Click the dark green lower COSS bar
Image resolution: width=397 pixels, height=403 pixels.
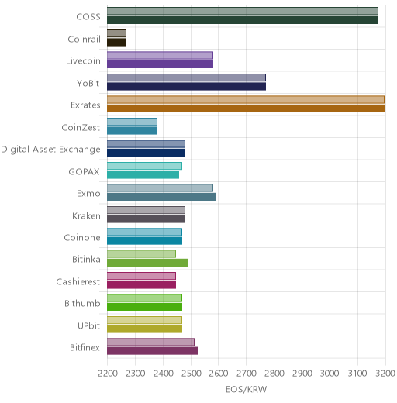click(x=243, y=20)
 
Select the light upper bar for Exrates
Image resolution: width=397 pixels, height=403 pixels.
click(x=246, y=100)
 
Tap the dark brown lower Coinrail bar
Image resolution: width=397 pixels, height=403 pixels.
click(x=117, y=43)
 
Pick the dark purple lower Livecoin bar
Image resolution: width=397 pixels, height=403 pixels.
click(x=161, y=64)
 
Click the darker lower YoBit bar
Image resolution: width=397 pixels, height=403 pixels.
click(x=187, y=87)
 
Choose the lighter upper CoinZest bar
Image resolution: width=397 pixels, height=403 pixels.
click(x=133, y=122)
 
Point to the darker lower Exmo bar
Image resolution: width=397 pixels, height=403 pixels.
click(x=162, y=197)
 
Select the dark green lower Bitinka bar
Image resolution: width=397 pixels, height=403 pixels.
click(x=148, y=263)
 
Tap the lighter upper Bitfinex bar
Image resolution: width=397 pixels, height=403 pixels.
click(x=151, y=342)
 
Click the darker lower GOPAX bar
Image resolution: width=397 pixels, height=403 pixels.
click(x=143, y=175)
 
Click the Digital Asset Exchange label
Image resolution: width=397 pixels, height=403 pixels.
click(x=50, y=150)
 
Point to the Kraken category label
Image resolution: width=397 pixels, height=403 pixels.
click(x=86, y=215)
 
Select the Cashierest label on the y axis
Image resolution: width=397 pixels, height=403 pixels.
click(x=78, y=281)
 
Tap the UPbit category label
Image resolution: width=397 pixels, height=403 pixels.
click(x=88, y=325)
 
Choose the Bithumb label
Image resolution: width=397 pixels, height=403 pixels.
click(x=82, y=303)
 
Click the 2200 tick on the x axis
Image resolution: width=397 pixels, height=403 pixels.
click(x=108, y=374)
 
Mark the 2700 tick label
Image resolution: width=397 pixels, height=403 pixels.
click(x=247, y=374)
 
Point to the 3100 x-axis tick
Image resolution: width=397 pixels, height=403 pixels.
click(x=357, y=374)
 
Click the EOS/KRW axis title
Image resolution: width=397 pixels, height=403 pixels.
click(x=246, y=389)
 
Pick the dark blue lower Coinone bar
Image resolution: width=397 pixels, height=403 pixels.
click(x=145, y=241)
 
